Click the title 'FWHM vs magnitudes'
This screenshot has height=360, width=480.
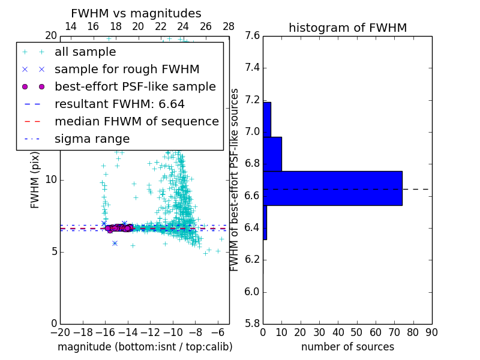(136, 13)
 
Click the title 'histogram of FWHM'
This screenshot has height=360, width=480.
(347, 28)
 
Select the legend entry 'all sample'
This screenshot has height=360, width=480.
(85, 52)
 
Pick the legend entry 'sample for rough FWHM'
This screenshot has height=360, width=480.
(127, 70)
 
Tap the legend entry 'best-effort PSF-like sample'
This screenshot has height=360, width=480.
(135, 87)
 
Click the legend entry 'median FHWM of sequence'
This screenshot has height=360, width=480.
(136, 122)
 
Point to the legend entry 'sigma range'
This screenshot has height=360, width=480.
(92, 139)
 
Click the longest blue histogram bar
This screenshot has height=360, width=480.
(332, 188)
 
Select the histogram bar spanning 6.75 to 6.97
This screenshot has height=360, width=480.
(272, 154)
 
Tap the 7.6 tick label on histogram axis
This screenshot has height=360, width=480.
(252, 36)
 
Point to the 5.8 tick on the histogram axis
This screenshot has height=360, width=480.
(252, 323)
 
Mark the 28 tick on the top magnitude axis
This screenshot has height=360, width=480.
(229, 26)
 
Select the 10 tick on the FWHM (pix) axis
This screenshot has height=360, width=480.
(50, 180)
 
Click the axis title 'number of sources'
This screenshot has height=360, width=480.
(347, 347)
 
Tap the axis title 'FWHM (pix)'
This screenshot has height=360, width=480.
(35, 179)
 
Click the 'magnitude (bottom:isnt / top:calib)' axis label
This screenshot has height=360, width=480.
(145, 347)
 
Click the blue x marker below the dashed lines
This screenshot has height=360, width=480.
(115, 243)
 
